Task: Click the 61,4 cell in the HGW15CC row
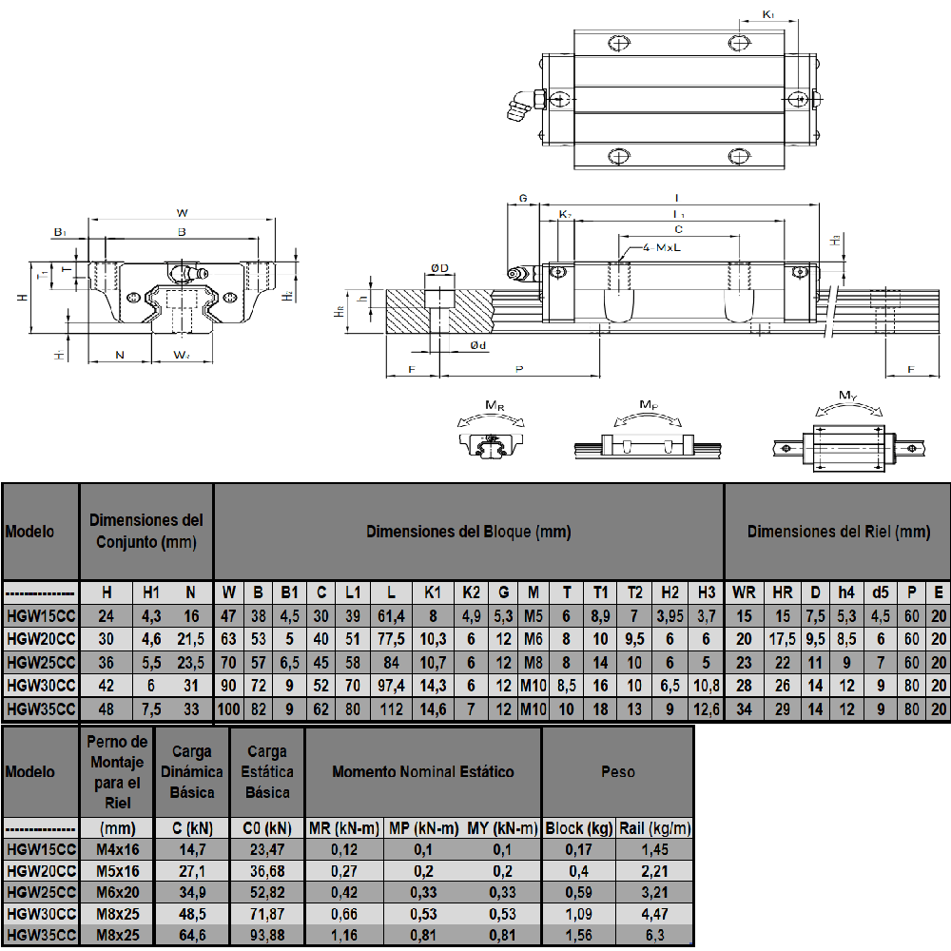391,616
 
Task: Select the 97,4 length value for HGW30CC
391,686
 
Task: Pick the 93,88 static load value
267,937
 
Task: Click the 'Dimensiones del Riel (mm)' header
838,532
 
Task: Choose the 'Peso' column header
617,771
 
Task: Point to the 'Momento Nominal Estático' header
423,771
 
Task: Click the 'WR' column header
744,592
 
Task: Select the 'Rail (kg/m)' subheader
655,828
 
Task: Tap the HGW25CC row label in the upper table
40,663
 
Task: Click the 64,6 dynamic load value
192,937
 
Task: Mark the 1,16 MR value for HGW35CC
343,937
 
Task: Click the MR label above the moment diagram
495,406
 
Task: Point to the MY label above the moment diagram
849,395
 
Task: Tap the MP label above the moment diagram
648,405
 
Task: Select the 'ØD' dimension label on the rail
438,269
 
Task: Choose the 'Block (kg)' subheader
578,828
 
